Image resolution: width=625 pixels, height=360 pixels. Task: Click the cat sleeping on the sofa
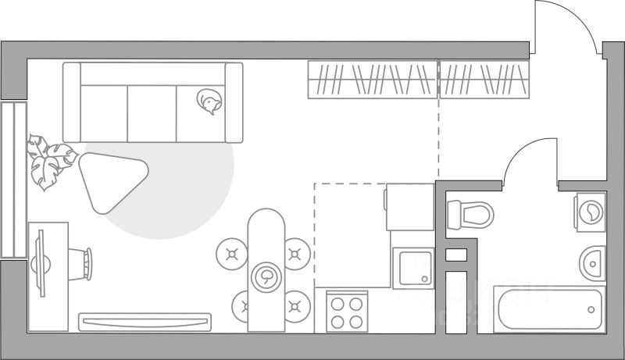pos(209,102)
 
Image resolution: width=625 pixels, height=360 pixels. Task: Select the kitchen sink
pos(412,268)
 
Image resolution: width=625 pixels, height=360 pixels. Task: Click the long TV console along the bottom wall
pos(145,321)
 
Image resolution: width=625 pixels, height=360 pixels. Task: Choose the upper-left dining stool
pos(231,253)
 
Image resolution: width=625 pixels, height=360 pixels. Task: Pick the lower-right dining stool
pos(296,305)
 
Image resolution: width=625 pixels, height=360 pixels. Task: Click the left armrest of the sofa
pos(72,102)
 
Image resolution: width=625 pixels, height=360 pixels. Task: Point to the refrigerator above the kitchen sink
pos(409,207)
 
